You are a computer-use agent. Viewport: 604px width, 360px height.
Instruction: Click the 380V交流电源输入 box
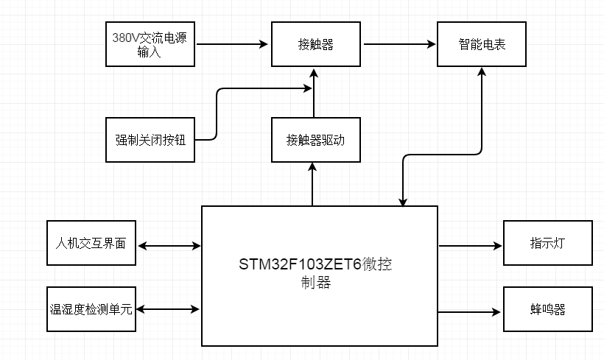[151, 44]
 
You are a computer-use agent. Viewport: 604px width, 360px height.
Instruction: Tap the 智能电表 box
[482, 44]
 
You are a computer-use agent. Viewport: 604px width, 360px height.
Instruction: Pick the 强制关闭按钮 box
[150, 139]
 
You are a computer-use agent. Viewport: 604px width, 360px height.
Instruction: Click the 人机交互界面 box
[91, 243]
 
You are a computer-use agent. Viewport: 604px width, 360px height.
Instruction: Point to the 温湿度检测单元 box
[91, 309]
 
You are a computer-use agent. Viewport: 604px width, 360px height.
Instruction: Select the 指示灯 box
[548, 243]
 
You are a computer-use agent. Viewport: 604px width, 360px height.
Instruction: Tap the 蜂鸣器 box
[548, 309]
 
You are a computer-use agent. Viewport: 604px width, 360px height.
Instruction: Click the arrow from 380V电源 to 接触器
[233, 44]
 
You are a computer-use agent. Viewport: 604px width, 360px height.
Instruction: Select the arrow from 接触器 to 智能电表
[399, 44]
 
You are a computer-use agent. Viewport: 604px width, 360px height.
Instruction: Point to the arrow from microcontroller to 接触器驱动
[314, 184]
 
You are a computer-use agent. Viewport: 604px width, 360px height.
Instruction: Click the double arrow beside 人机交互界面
[169, 245]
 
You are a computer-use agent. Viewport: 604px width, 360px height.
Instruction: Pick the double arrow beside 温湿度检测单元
[169, 309]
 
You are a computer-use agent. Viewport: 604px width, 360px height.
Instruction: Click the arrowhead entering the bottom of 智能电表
[482, 73]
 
